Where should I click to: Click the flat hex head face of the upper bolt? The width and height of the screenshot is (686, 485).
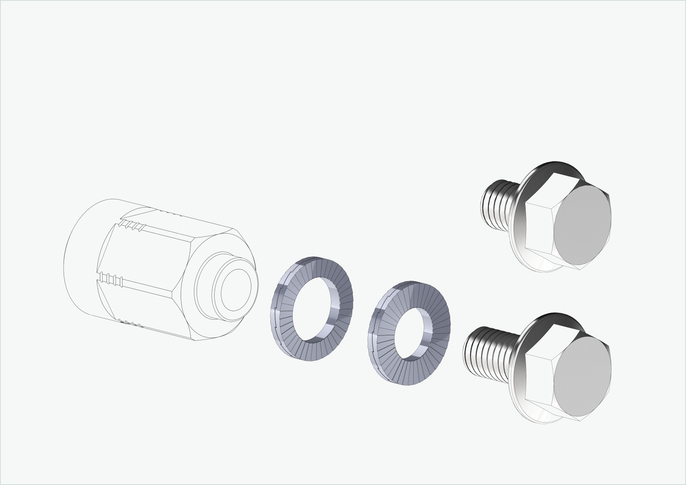[582, 227]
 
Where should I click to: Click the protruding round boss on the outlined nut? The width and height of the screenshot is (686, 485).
[235, 289]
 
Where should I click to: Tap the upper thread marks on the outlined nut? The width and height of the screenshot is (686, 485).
[133, 225]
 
